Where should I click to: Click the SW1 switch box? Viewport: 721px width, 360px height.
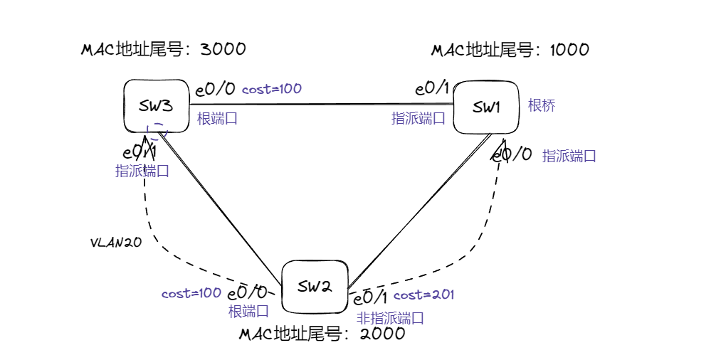(486, 107)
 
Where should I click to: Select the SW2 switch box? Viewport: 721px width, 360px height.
(314, 287)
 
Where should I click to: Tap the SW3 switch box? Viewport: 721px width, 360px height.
(156, 106)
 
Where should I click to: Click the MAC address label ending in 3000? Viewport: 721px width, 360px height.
(164, 49)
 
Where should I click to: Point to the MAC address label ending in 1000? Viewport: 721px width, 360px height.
(510, 50)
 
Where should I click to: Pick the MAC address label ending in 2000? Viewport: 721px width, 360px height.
(322, 334)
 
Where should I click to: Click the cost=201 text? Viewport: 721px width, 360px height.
(423, 295)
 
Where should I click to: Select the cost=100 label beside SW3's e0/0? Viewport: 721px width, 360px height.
(272, 89)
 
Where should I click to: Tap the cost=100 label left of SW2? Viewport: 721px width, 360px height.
(191, 293)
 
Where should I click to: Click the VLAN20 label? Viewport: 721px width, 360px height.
(116, 242)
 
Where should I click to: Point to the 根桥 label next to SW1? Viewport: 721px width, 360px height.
(542, 106)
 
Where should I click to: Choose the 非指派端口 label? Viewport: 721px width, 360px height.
(390, 318)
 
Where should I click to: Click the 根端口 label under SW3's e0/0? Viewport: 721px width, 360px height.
(217, 118)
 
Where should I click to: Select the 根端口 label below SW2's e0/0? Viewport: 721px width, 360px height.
(248, 311)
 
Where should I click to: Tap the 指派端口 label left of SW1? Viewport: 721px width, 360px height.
(419, 118)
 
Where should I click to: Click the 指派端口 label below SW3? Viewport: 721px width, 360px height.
(142, 171)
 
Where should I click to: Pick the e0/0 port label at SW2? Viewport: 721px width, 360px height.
(248, 293)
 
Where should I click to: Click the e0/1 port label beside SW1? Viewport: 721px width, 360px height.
(432, 88)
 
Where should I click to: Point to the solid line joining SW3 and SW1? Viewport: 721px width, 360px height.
(320, 104)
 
